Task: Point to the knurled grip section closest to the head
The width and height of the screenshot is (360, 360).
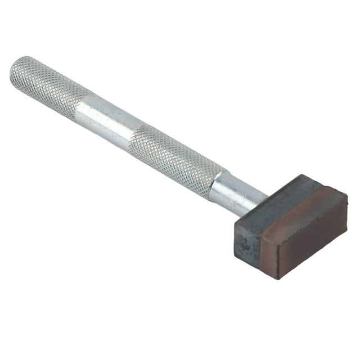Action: (174, 157)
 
